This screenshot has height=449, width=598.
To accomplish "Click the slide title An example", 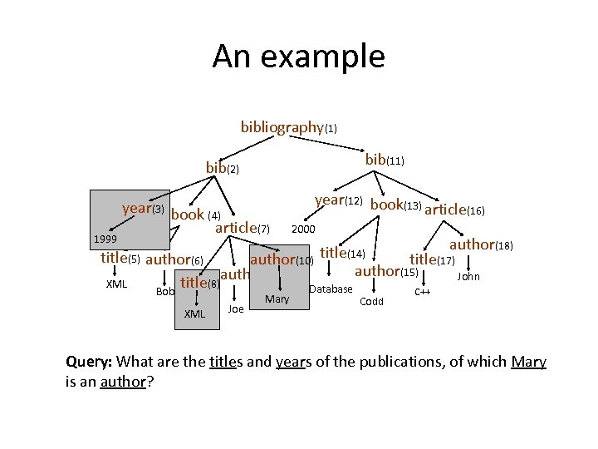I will (x=298, y=57).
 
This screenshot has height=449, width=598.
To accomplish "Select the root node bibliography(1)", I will (x=288, y=127).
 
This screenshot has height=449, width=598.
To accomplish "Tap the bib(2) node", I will (x=223, y=168).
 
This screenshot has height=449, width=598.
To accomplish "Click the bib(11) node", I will (x=385, y=159).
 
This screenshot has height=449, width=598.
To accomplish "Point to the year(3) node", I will (x=142, y=208).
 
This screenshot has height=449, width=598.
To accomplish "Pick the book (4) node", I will (x=194, y=215).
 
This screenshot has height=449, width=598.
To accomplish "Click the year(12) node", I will (x=340, y=200).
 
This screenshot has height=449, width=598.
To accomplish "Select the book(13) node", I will (x=396, y=205).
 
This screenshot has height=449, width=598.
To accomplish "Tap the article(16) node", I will (x=454, y=210).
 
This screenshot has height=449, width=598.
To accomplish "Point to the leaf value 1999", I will (x=105, y=239).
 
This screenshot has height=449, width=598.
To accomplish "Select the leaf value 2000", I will (x=303, y=229).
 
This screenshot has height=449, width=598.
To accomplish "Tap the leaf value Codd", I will (x=371, y=301).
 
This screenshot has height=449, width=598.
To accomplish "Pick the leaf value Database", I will (x=331, y=289).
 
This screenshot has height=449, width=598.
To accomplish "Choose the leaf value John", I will (x=468, y=276).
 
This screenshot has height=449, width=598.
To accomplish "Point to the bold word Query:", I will (x=91, y=363).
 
